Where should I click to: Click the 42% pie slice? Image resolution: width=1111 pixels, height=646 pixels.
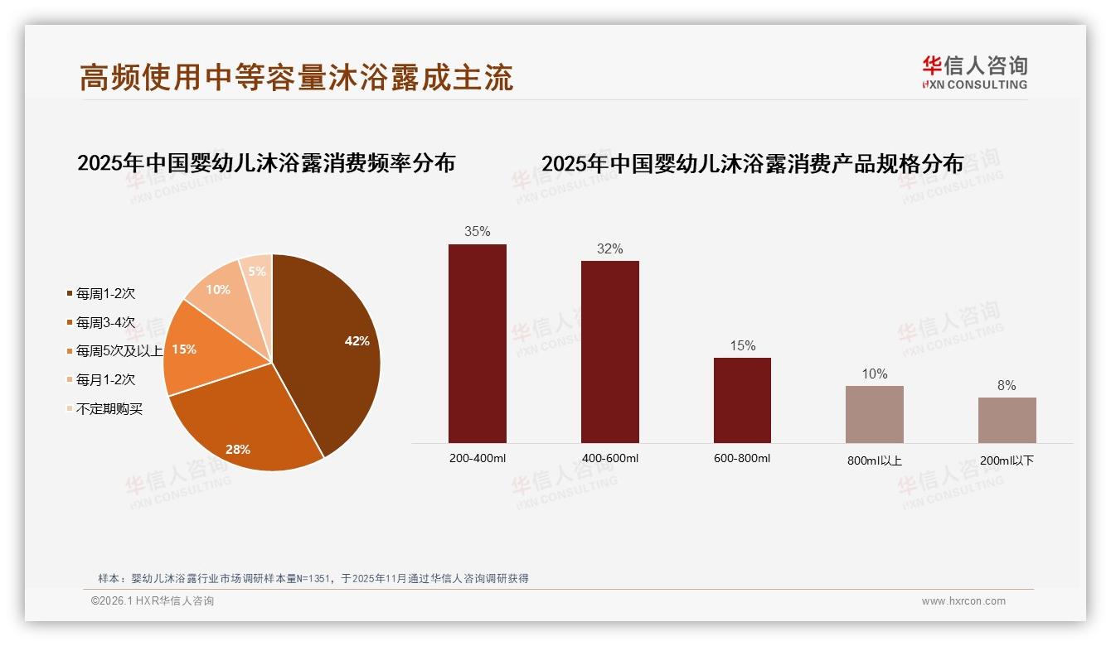click(x=332, y=348)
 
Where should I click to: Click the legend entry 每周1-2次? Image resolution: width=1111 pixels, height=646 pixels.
click(x=105, y=294)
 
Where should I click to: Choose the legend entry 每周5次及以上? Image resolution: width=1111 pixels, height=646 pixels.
click(x=119, y=351)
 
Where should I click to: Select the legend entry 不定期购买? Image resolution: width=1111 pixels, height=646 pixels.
click(x=109, y=409)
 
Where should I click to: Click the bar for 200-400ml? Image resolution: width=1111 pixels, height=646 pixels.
click(x=478, y=343)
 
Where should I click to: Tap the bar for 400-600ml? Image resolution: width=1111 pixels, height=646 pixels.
click(x=610, y=351)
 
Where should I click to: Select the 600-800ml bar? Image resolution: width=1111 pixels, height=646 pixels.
click(x=742, y=400)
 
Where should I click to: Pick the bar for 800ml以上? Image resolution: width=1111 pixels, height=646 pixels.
click(x=875, y=414)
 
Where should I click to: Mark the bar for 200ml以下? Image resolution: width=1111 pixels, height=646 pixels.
click(x=1007, y=420)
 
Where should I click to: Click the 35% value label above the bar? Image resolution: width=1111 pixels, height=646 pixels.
click(x=478, y=232)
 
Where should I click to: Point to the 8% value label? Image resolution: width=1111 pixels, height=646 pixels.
click(x=1007, y=386)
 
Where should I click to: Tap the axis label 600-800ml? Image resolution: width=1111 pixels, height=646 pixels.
click(x=742, y=459)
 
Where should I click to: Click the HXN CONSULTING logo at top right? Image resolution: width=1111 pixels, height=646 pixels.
click(x=975, y=73)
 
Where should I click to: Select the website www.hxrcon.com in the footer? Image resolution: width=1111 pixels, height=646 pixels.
click(x=963, y=601)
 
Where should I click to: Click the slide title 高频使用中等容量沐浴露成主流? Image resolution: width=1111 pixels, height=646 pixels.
click(x=296, y=77)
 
